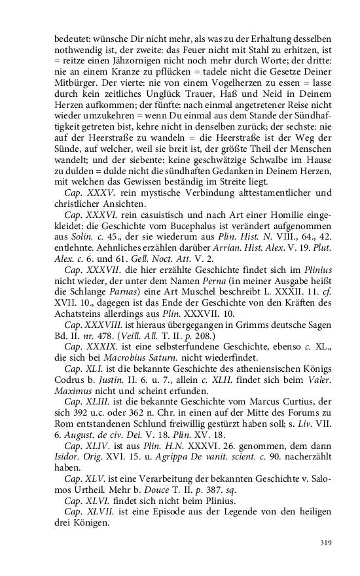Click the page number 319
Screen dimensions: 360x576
(x=322, y=542)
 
